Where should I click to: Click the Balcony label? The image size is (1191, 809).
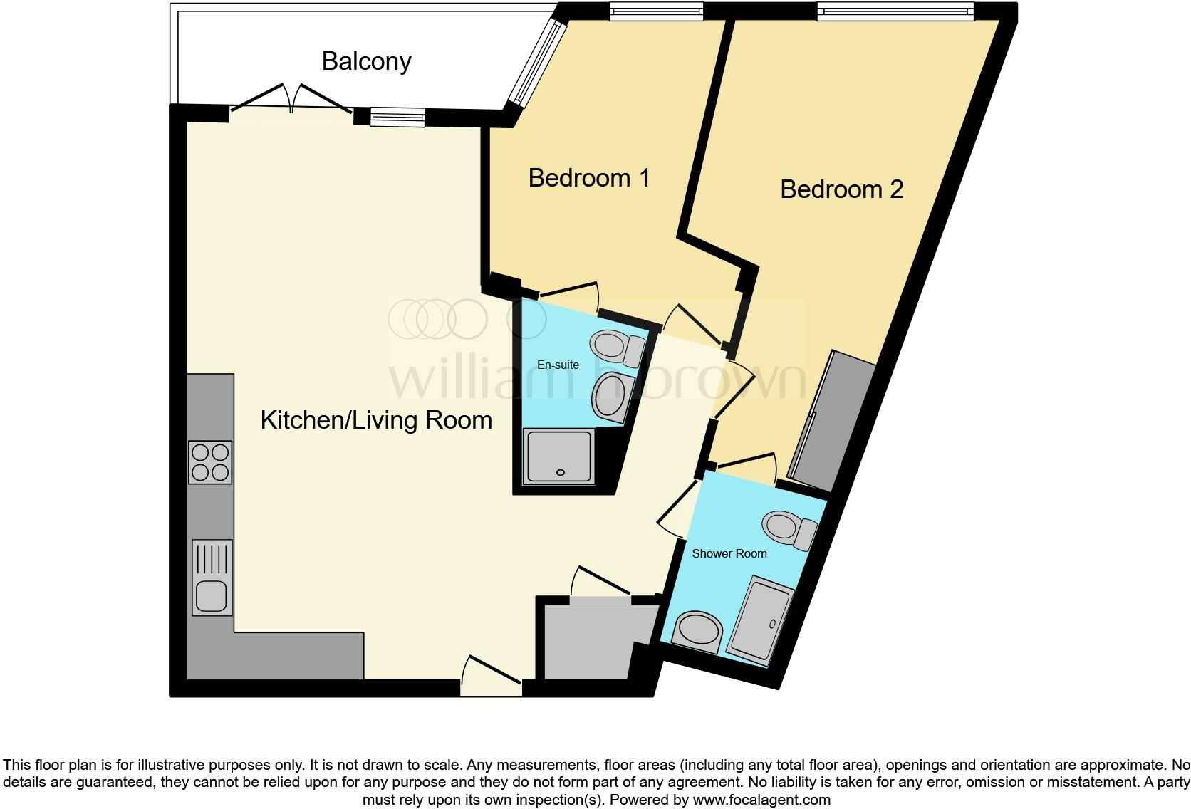click(x=366, y=61)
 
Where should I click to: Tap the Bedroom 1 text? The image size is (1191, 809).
click(x=589, y=177)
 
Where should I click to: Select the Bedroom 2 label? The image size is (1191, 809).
click(x=841, y=189)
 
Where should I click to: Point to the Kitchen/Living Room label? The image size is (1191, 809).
click(x=376, y=420)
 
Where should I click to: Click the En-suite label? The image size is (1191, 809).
click(x=558, y=365)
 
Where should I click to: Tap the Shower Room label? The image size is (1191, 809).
click(x=729, y=553)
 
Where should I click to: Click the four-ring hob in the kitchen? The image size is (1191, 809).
click(x=210, y=462)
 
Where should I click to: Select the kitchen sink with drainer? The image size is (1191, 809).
click(x=212, y=578)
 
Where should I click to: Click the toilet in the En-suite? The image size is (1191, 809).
click(x=617, y=348)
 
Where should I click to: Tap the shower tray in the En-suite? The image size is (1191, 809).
click(x=558, y=456)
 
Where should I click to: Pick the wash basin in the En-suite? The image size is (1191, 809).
click(x=610, y=397)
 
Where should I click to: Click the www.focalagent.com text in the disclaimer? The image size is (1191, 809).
click(x=760, y=800)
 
